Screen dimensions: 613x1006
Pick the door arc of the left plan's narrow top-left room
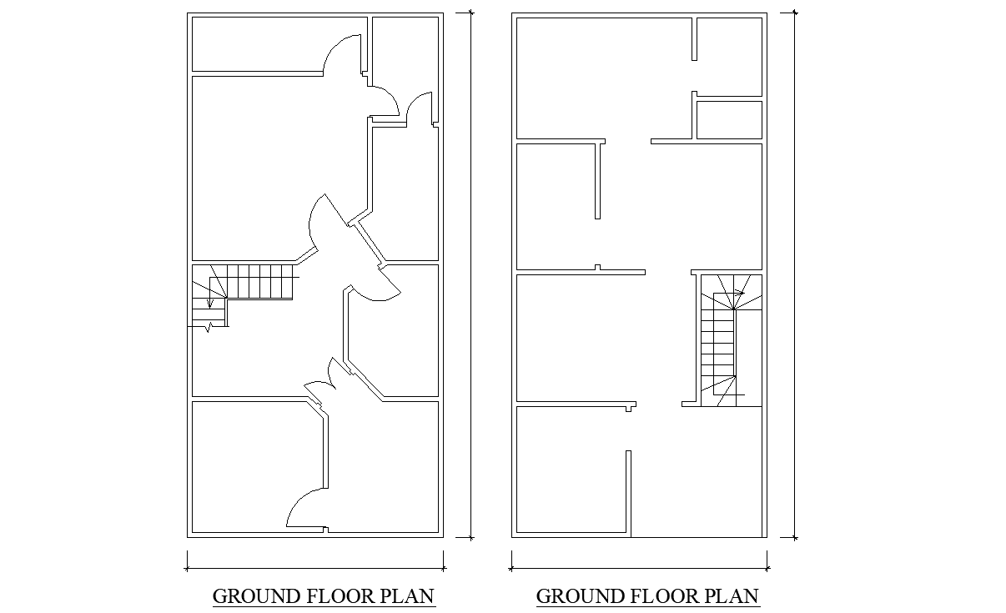click(340, 53)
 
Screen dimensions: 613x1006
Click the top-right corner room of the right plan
click(729, 56)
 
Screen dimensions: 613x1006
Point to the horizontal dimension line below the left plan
click(315, 569)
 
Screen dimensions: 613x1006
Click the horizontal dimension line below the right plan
click(639, 569)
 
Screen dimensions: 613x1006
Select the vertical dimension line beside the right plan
click(793, 275)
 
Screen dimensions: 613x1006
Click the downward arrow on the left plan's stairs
click(209, 301)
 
